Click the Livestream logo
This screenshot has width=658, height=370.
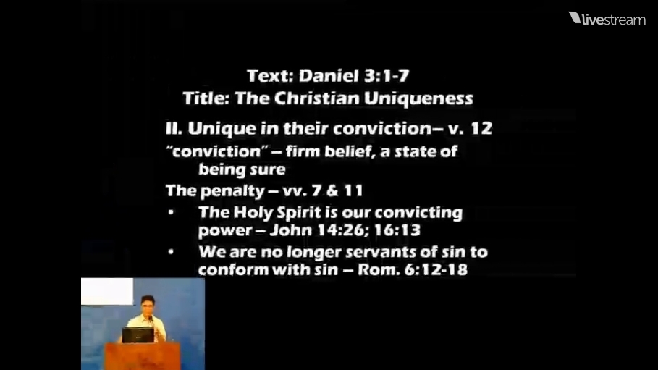pos(607,19)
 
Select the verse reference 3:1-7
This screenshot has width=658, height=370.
pos(387,76)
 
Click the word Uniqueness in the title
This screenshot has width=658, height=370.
pos(418,98)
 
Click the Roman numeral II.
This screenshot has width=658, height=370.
pos(174,128)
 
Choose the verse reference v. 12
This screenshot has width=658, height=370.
pos(470,128)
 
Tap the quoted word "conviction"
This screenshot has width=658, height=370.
pos(217,151)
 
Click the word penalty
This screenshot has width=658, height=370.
pos(232,191)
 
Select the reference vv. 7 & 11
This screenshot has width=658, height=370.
pos(323,191)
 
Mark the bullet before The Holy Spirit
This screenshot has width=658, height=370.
pos(171,212)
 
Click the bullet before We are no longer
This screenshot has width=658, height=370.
pos(171,252)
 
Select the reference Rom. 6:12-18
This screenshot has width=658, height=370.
pos(413,269)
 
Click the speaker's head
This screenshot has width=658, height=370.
pos(148,305)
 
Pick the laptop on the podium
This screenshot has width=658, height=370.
pos(138,335)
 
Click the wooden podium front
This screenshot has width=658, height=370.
pos(143,356)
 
